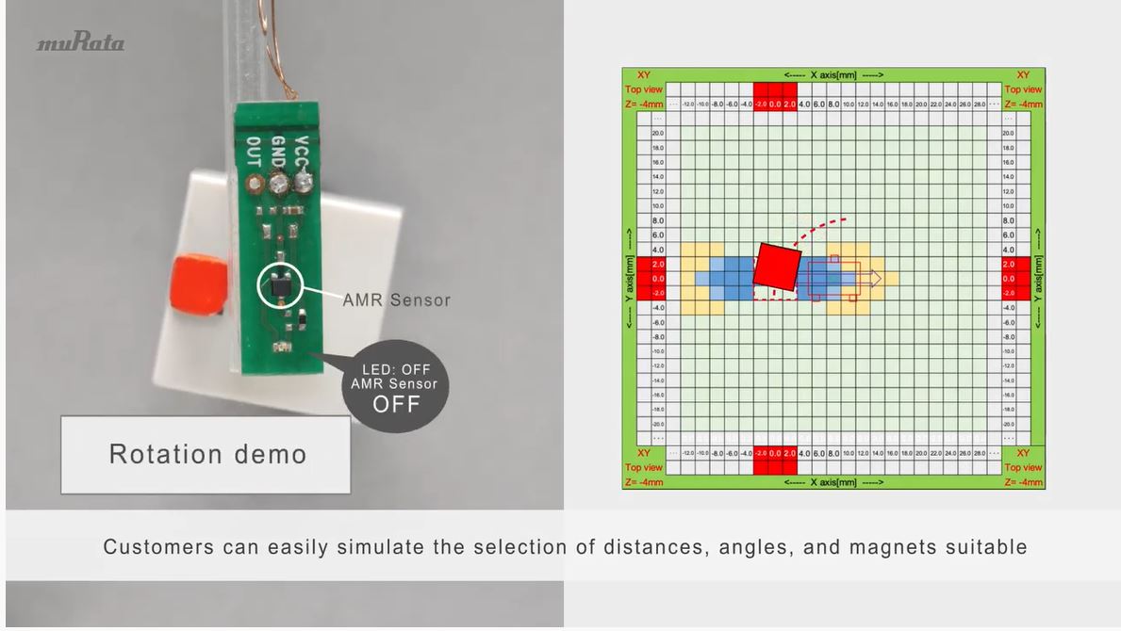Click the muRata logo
click(x=80, y=43)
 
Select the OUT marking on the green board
click(x=253, y=151)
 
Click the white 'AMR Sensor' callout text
click(x=396, y=300)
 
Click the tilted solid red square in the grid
click(x=778, y=265)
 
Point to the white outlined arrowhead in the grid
click(x=876, y=278)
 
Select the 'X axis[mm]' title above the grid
click(x=833, y=74)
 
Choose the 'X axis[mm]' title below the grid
click(x=833, y=482)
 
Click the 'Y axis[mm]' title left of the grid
click(x=630, y=279)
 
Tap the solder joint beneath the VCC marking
click(x=302, y=181)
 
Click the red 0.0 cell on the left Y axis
click(x=657, y=279)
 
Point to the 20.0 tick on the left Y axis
click(x=657, y=134)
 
